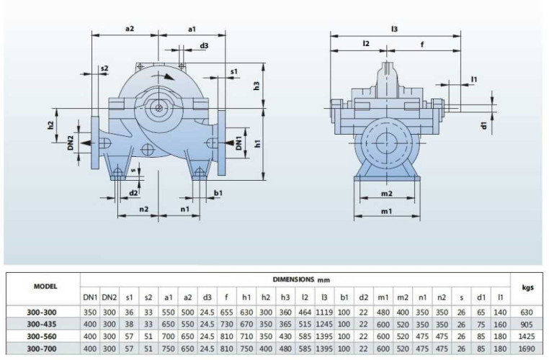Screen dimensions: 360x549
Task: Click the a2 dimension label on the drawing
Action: click(x=130, y=29)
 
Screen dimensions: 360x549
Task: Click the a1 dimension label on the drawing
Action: click(x=192, y=29)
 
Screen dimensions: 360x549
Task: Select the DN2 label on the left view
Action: click(x=71, y=143)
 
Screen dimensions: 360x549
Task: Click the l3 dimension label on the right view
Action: click(x=395, y=29)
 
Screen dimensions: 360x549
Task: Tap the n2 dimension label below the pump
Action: click(x=144, y=209)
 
